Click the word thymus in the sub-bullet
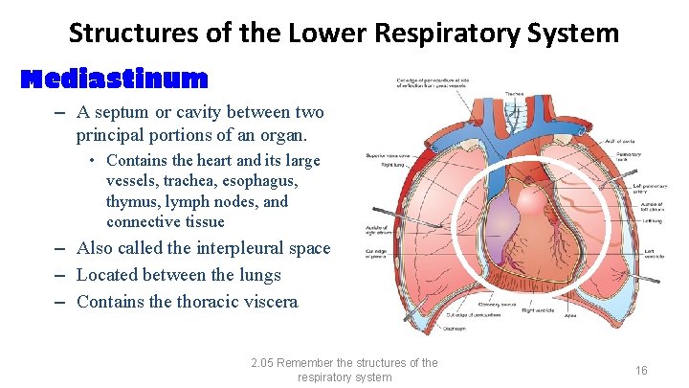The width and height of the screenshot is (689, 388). coord(136,202)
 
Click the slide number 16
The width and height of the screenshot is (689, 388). coord(642,370)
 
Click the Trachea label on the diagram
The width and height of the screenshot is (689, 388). coord(514,94)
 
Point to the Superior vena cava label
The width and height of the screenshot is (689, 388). coord(388,155)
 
